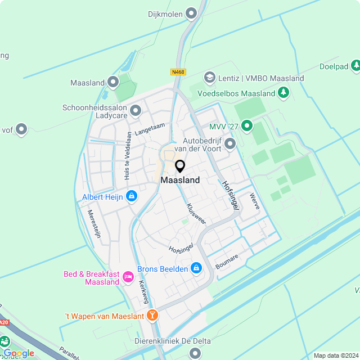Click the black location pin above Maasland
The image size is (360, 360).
180,166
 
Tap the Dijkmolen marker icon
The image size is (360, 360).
192,12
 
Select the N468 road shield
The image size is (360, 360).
178,73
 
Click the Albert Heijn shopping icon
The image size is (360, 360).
131,196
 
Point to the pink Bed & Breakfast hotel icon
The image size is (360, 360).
128,276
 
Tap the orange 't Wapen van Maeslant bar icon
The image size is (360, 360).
152,316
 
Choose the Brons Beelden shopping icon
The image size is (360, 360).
196,268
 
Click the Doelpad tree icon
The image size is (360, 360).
355,66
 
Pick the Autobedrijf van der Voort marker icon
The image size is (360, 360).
229,145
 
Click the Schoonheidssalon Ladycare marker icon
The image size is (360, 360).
135,110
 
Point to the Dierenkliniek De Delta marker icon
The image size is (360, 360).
195,353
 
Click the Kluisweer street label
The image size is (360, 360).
196,214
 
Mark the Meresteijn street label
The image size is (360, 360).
94,224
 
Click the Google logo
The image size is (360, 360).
19,353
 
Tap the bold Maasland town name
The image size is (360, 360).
180,181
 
